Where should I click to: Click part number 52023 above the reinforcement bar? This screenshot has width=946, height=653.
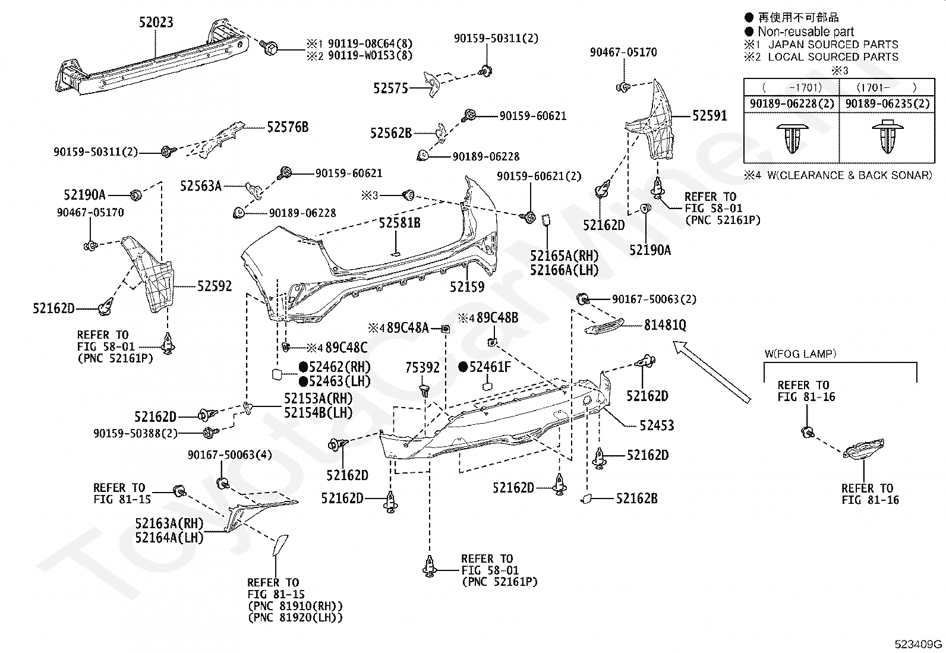click(x=156, y=23)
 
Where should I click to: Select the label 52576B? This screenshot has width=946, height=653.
click(x=288, y=127)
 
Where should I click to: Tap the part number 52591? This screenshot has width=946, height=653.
click(x=709, y=116)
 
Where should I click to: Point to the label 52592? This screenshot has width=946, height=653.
click(x=215, y=286)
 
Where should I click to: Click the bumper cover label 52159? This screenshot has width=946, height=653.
click(x=467, y=286)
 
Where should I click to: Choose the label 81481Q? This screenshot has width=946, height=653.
click(x=665, y=325)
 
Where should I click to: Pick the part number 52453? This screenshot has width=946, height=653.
click(x=657, y=425)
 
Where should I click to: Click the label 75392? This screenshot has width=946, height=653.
click(x=423, y=368)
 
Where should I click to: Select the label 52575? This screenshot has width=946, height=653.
click(x=390, y=89)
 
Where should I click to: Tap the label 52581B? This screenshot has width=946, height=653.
click(x=399, y=223)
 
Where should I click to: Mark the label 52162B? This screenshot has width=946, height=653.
click(x=636, y=499)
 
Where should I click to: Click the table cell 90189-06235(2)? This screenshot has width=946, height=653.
click(x=887, y=103)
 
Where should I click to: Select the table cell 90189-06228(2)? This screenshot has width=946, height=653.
click(x=792, y=103)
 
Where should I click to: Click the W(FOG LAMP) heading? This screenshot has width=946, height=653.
click(x=800, y=354)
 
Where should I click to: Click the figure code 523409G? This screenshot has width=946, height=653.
click(x=919, y=644)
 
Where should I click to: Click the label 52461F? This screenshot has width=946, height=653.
click(x=490, y=367)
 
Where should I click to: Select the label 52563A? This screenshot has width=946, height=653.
click(x=201, y=187)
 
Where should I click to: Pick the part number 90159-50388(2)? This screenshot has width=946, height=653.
click(x=135, y=434)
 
